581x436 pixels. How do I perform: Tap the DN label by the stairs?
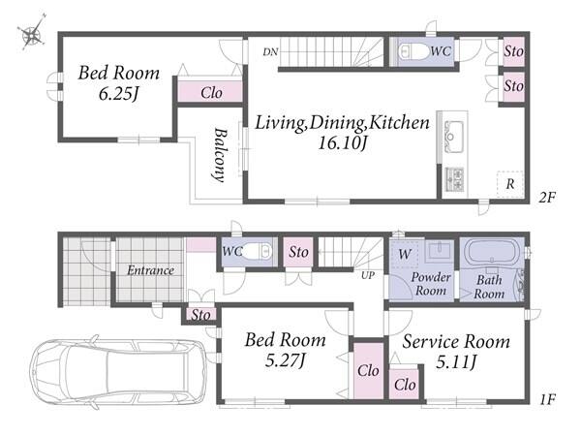[270, 52]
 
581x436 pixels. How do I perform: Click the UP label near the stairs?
[368, 275]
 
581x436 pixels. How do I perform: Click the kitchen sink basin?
[454, 134]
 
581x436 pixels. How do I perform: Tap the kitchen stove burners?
[454, 178]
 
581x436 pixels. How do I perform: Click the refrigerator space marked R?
[510, 184]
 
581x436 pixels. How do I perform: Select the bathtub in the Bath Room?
[491, 252]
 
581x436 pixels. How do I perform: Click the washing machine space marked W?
[405, 254]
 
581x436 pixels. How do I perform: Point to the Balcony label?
[220, 155]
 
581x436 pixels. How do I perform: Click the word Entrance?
[150, 270]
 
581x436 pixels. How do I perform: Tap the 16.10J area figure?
[342, 142]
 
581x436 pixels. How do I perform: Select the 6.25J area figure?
[118, 93]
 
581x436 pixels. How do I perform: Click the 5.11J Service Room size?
[456, 361]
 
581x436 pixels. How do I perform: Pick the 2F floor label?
[547, 198]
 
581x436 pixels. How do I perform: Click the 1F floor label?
[547, 399]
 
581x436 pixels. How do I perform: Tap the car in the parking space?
[118, 372]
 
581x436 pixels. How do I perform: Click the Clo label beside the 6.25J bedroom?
[211, 93]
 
